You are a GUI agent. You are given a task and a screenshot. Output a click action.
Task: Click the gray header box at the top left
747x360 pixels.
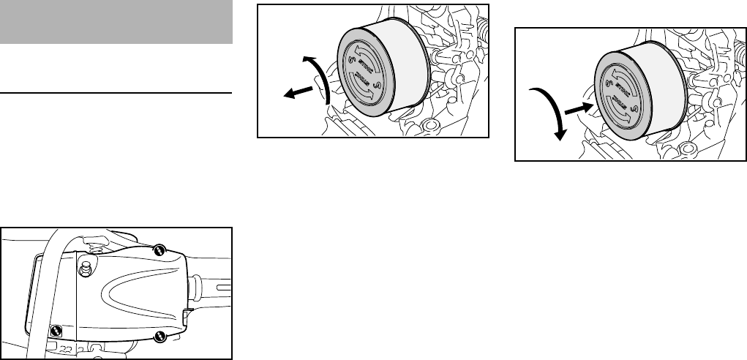click(116, 22)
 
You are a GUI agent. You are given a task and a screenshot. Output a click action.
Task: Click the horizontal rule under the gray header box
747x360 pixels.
click(116, 94)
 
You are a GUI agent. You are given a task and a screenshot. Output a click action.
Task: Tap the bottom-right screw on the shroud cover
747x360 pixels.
click(159, 337)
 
